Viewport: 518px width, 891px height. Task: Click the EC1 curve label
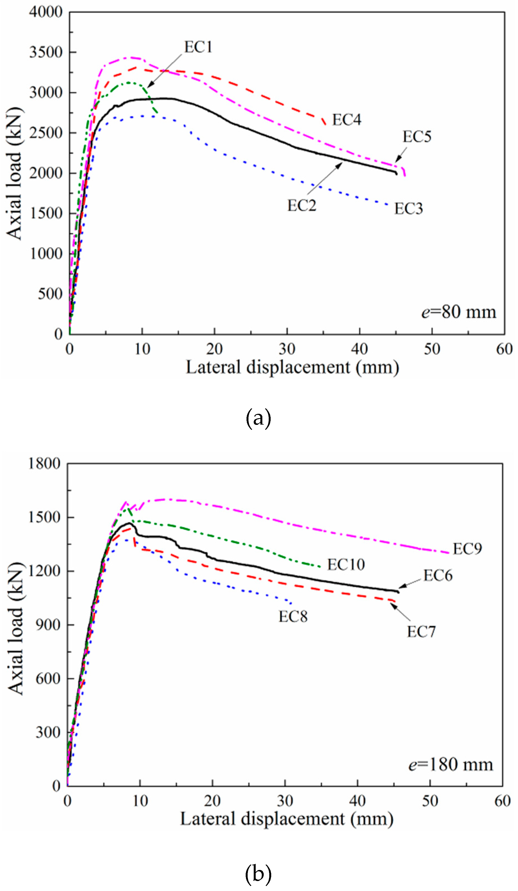[198, 47]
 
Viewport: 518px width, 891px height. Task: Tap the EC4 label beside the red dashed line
[346, 120]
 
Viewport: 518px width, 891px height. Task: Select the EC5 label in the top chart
[417, 137]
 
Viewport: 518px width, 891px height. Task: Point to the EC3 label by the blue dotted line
[408, 209]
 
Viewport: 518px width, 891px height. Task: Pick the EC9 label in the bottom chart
[467, 549]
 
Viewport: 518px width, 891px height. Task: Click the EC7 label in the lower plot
[421, 632]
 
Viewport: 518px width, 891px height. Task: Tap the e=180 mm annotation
[450, 765]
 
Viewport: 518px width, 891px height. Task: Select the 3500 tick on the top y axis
[46, 52]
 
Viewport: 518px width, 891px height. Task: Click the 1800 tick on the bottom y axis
[44, 464]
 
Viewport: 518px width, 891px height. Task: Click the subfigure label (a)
[258, 418]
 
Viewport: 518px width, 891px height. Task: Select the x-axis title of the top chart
[293, 367]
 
